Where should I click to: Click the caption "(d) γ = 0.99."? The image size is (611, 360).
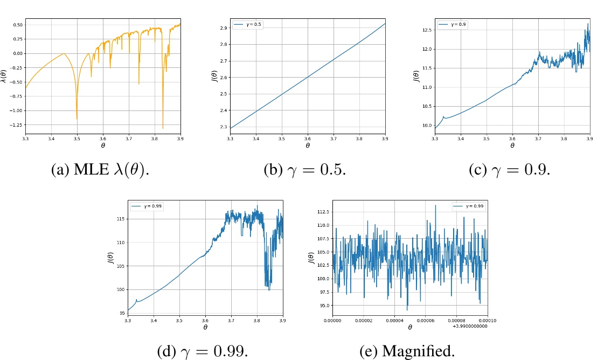[x=202, y=351]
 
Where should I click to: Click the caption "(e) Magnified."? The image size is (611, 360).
[x=407, y=351]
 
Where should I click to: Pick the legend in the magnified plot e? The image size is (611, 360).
[x=470, y=206]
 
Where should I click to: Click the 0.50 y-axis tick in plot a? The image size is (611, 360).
[x=17, y=25]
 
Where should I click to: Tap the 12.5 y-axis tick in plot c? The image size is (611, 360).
[x=427, y=30]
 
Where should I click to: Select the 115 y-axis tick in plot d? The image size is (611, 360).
[x=120, y=219]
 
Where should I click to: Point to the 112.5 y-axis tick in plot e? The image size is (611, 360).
[x=324, y=212]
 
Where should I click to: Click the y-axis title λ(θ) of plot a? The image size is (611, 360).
[x=5, y=77]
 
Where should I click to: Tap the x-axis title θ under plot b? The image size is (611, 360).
[x=308, y=146]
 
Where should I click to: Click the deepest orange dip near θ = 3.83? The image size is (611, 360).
[x=163, y=128]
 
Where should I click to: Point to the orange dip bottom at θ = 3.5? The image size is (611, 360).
[x=77, y=119]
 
